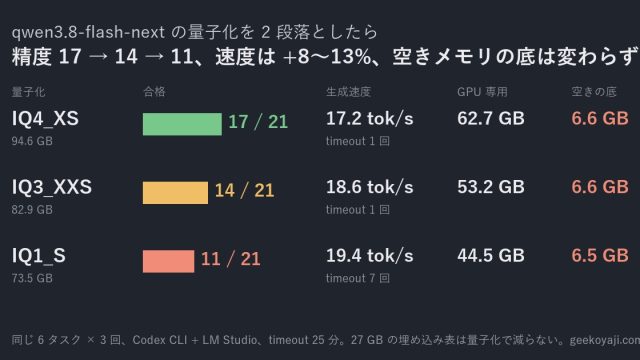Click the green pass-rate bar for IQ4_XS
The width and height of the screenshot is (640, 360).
(182, 124)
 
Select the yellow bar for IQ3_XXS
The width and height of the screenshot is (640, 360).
(175, 193)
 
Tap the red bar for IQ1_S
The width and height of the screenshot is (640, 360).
(168, 261)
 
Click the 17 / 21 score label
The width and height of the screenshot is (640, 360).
(258, 122)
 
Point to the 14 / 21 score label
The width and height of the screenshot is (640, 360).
(244, 190)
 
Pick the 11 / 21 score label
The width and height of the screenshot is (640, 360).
(231, 259)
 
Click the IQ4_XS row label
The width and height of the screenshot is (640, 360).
(45, 119)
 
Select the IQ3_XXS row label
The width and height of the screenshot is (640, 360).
(51, 187)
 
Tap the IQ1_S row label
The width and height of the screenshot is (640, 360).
(38, 256)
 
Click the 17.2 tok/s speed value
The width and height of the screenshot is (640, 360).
(369, 119)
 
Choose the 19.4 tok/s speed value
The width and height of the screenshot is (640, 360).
(369, 256)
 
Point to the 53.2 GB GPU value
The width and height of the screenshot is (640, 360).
(491, 187)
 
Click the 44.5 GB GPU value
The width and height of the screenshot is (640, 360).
(491, 256)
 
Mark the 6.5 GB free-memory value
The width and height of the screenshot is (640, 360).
(600, 256)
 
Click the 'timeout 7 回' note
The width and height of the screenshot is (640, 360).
(358, 278)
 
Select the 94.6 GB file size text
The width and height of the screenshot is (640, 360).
(32, 141)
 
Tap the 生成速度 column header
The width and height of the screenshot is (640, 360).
(348, 92)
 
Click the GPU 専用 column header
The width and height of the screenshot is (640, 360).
(482, 92)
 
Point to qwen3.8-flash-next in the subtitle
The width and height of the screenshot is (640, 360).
(88, 32)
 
